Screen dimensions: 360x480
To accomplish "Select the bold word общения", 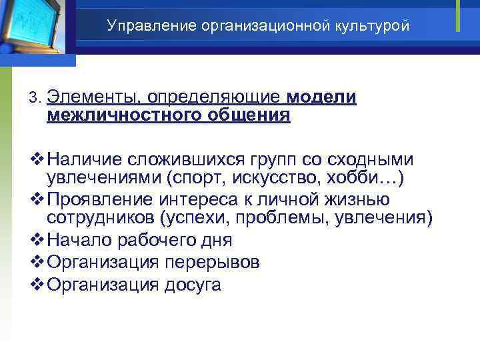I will click(251, 115).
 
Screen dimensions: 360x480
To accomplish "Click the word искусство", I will click(282, 177).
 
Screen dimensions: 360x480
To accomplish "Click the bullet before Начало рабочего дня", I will click(37, 240).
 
